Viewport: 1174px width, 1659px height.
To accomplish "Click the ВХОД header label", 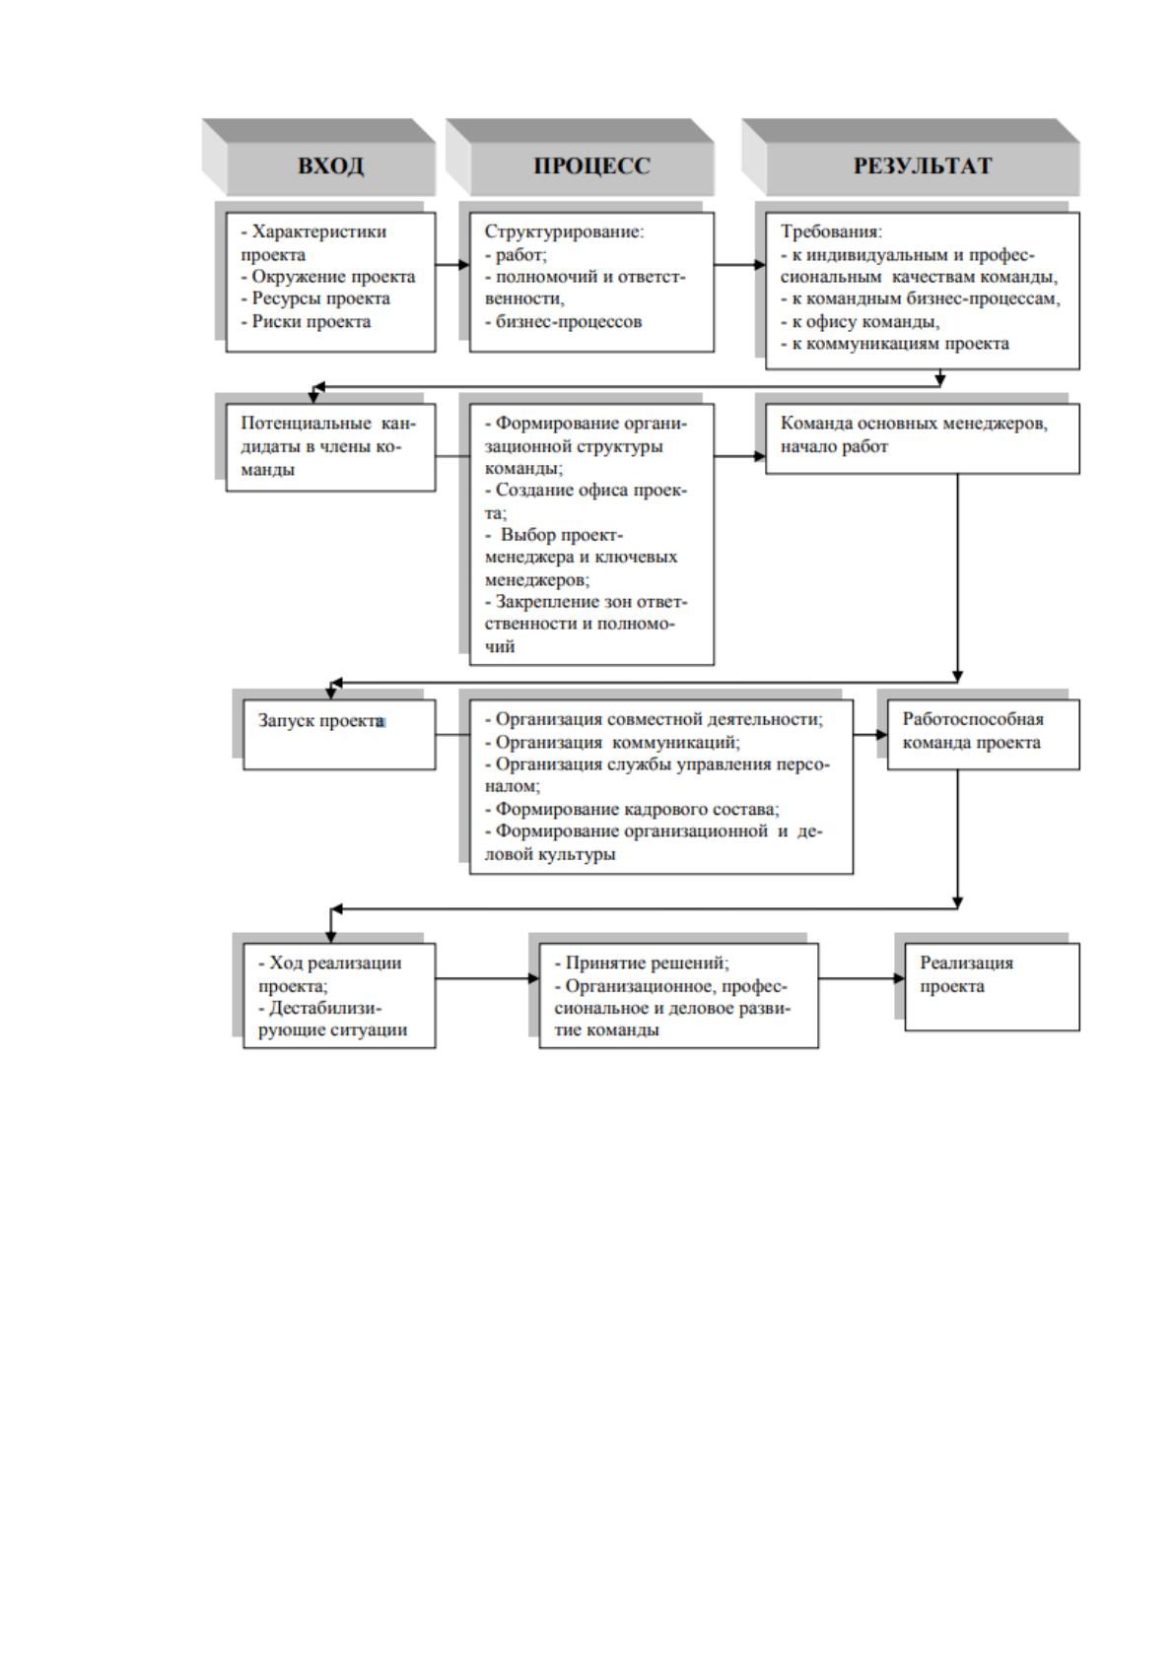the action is coord(330,166).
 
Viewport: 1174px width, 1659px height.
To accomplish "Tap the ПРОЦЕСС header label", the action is coord(591,166).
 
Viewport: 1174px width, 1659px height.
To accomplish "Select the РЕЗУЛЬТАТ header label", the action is coord(922,166).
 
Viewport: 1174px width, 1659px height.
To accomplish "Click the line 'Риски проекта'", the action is coord(306,321).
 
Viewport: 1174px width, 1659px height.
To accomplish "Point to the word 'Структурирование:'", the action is coord(564,232).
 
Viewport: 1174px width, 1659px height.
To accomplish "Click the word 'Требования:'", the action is coord(831,232).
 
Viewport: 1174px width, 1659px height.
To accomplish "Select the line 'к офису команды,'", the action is coord(860,321).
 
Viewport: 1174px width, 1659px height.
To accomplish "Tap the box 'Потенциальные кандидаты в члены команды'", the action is coord(330,446).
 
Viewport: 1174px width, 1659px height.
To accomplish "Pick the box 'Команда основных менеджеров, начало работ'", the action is coord(922,437).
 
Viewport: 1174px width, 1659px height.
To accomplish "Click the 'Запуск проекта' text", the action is coord(321,720).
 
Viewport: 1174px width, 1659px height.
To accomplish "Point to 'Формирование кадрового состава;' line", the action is coord(632,809).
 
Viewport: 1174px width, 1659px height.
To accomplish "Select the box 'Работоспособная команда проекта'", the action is coord(983,734).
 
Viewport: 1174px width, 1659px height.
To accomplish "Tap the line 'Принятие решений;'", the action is coord(641,962).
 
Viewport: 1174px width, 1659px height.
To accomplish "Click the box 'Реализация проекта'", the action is coord(992,986).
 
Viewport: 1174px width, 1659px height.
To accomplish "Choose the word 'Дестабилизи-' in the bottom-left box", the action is coord(320,1008).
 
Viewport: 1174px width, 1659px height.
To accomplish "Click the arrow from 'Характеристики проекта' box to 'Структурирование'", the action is coord(452,264).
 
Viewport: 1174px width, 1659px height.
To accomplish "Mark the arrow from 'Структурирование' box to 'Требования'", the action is coord(739,264).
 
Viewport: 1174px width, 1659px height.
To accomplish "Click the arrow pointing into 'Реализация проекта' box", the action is coord(862,978).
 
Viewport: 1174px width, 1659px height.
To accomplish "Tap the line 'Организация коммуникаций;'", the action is coord(612,742).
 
